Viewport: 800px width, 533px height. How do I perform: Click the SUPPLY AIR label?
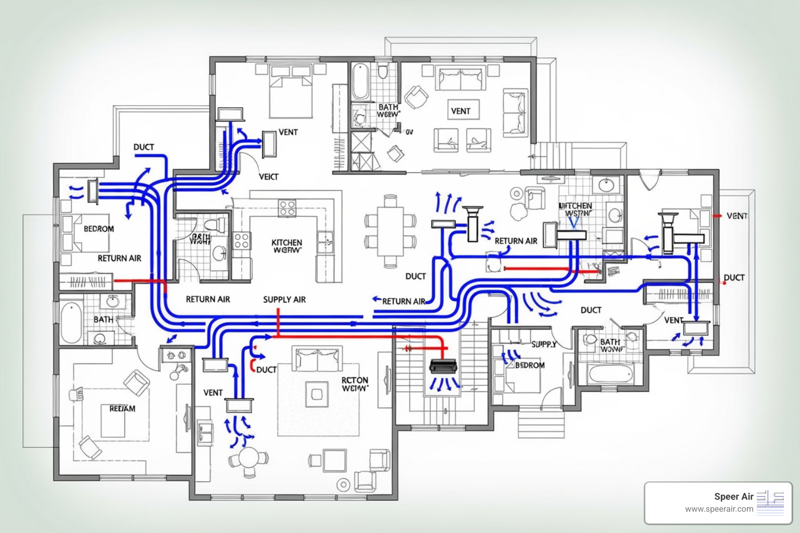284,299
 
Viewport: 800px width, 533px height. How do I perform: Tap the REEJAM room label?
122,409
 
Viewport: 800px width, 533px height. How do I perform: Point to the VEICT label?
269,177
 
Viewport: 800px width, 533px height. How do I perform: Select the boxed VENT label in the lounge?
460,111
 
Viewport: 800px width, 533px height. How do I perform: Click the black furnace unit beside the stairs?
443,366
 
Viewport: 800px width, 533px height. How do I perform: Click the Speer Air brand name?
733,497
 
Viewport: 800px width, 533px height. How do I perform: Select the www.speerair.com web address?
719,509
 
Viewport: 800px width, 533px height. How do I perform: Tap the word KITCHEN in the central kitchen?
286,243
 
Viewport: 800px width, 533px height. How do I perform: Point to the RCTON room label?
355,380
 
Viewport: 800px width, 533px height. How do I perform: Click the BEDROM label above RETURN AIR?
98,229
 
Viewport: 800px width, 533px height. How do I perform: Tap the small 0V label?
409,132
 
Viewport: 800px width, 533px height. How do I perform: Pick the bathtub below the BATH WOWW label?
610,373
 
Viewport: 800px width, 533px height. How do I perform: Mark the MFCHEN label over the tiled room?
576,206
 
